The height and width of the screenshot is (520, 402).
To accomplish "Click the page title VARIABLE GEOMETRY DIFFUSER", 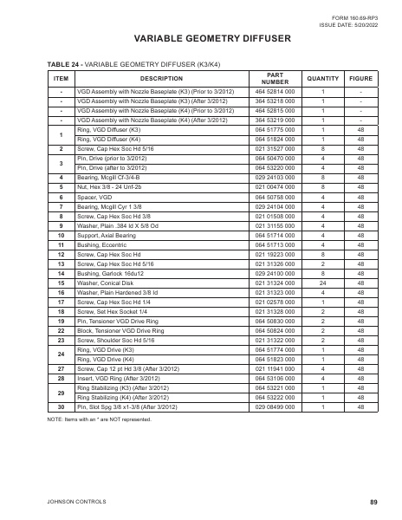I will [x=200, y=39].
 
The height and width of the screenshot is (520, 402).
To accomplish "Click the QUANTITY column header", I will [x=322, y=78].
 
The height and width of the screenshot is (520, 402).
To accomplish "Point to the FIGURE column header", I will [x=360, y=78].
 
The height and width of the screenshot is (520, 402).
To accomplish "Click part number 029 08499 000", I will [x=276, y=406].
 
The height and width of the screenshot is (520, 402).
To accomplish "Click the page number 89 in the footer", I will [x=373, y=502].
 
